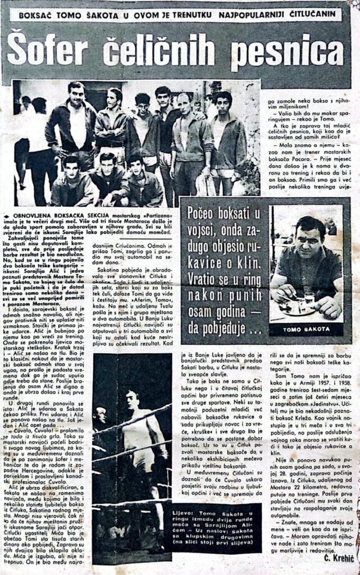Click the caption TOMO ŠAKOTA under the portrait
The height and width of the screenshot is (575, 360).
point(306,330)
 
